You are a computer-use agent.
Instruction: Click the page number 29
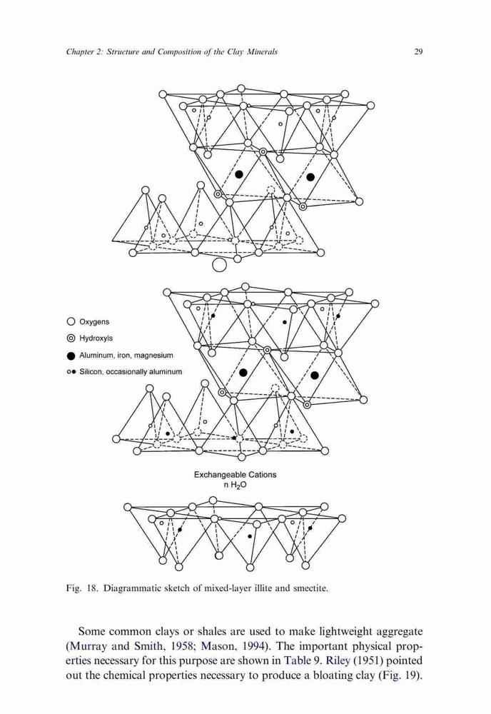418,51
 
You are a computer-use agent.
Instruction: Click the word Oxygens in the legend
94,322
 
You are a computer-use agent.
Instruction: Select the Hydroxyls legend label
96,338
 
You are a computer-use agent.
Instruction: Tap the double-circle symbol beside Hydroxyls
71,338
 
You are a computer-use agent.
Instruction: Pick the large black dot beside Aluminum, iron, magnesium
71,355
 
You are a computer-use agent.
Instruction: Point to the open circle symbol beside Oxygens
71,321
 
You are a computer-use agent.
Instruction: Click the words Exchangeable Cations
235,475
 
